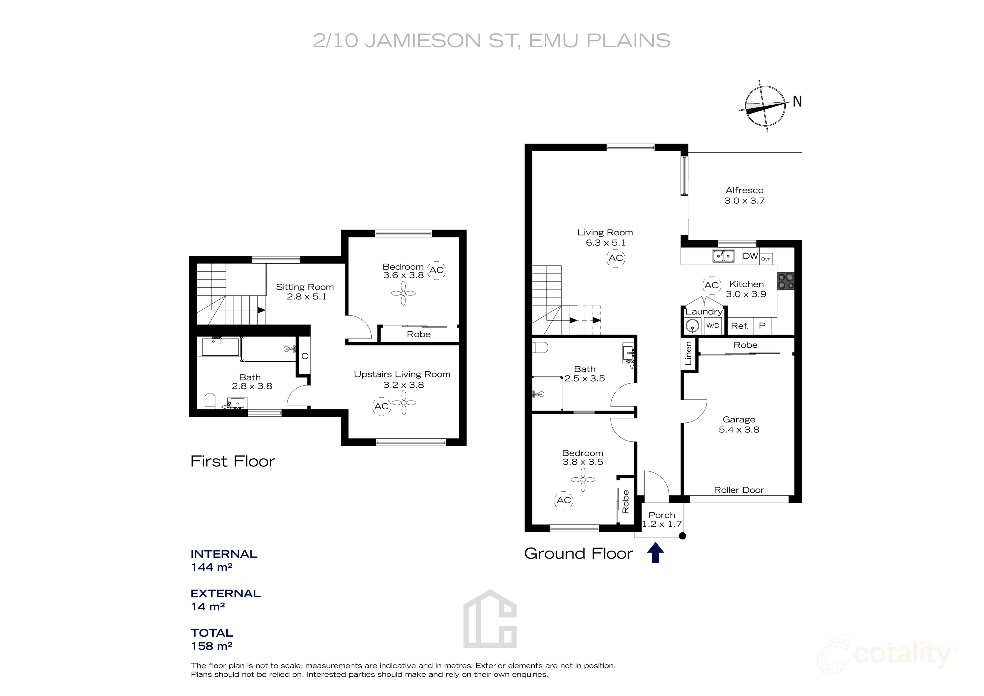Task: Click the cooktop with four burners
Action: point(786,281)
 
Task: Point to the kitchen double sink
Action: point(723,256)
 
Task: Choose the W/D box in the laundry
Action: point(713,326)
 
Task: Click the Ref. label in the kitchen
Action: point(740,326)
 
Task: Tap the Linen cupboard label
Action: point(688,353)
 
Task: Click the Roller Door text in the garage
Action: point(739,490)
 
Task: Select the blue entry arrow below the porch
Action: point(655,553)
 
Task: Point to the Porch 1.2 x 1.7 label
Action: point(662,519)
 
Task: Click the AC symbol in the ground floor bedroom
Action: point(564,500)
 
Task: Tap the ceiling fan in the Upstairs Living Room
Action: point(404,403)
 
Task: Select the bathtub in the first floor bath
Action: point(220,347)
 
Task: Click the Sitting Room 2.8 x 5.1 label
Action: point(305,292)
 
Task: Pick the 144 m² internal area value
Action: point(212,567)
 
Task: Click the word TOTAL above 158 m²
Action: point(212,633)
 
